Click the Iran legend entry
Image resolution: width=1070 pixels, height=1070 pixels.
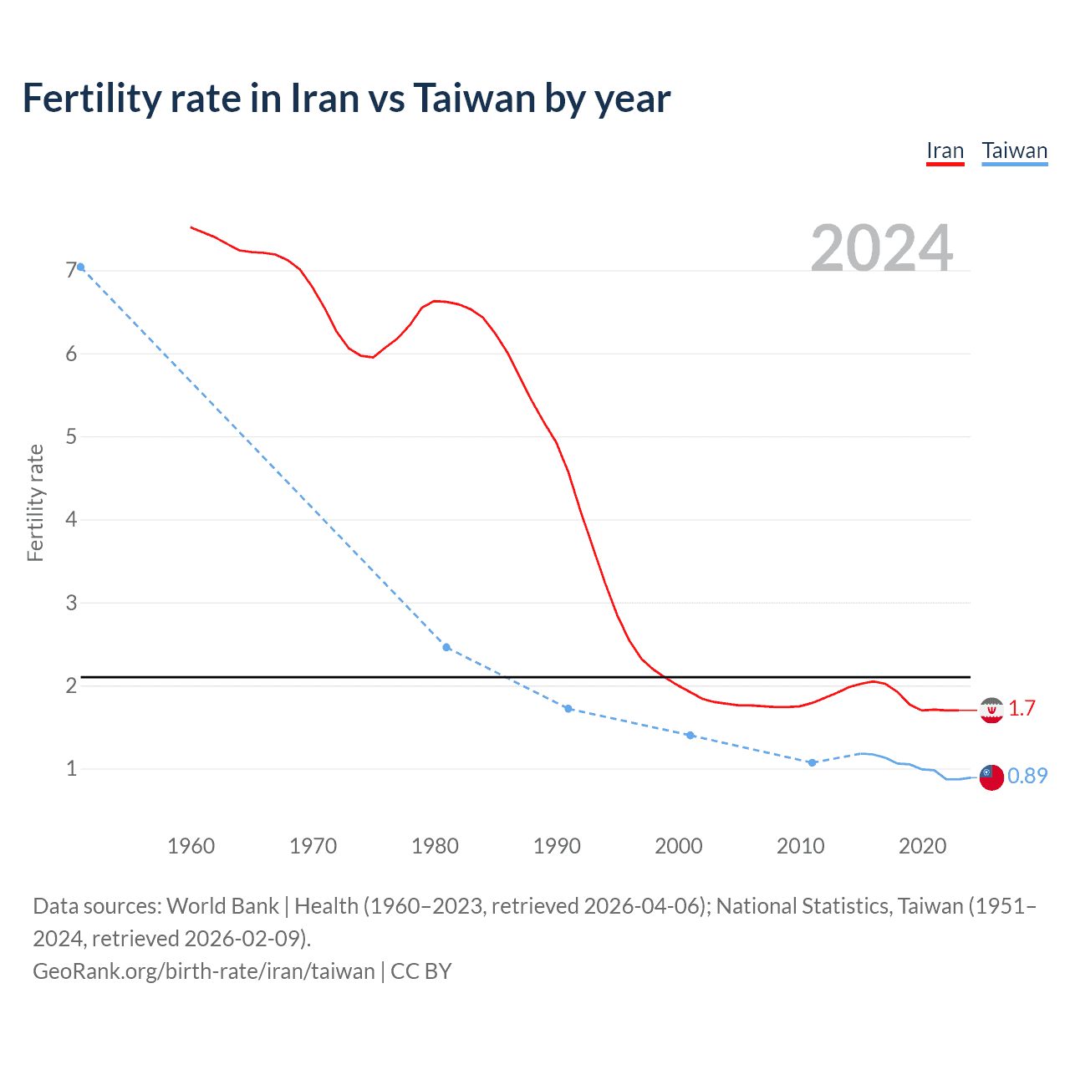click(x=945, y=151)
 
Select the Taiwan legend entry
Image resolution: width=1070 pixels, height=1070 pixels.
click(x=1014, y=151)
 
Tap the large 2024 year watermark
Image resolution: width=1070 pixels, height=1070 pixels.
click(x=882, y=248)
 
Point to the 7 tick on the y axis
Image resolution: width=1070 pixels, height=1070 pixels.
click(x=71, y=270)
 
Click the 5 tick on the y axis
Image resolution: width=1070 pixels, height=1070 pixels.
click(x=71, y=436)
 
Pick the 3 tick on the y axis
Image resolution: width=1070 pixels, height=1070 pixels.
click(x=71, y=603)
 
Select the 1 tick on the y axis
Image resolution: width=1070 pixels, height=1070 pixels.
click(x=71, y=768)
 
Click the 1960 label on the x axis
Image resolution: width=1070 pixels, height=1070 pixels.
click(x=191, y=846)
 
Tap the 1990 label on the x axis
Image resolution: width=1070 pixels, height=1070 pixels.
click(x=557, y=846)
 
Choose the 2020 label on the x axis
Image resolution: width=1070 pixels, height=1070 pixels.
click(x=922, y=846)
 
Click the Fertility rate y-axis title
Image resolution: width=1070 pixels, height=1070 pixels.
click(x=35, y=503)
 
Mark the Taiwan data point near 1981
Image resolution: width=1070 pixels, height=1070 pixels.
click(x=446, y=648)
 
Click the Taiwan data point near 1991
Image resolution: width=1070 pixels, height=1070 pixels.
click(x=568, y=709)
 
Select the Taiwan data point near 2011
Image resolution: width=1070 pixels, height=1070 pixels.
click(x=812, y=762)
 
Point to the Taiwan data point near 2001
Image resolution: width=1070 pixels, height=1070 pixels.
click(x=690, y=736)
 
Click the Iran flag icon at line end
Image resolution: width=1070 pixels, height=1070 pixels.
click(x=991, y=710)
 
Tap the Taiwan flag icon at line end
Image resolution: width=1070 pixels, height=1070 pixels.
click(x=991, y=777)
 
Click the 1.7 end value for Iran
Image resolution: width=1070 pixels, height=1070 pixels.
click(x=1022, y=709)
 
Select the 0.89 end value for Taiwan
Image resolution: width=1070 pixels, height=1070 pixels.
click(x=1027, y=777)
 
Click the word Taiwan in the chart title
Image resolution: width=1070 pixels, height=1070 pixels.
click(x=474, y=99)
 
